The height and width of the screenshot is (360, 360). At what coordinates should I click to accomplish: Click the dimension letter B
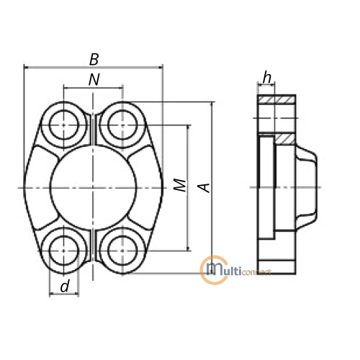tap(94, 59)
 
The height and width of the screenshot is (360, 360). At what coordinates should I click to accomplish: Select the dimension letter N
tap(94, 80)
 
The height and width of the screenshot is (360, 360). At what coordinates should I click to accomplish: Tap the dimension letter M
tap(180, 185)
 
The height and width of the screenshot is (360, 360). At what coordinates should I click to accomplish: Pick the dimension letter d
tap(65, 286)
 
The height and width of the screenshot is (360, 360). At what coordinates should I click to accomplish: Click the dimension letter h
tap(267, 77)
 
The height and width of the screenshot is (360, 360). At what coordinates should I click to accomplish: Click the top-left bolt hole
tap(63, 125)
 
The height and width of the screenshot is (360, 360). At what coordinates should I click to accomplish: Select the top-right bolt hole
tap(122, 125)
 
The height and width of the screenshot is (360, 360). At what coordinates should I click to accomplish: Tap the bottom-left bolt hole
tap(63, 251)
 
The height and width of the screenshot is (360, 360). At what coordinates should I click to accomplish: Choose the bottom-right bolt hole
tap(122, 251)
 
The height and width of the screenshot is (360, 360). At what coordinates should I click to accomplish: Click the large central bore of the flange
tap(93, 188)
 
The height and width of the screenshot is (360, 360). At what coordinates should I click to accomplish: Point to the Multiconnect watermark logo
tap(235, 271)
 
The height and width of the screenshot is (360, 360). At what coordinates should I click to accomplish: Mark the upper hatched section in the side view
tap(276, 99)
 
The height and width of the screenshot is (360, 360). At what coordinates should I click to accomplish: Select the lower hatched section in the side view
tap(285, 139)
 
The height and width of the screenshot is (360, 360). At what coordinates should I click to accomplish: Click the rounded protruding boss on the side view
tap(307, 187)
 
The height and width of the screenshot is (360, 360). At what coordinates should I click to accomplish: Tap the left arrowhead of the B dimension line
tap(27, 68)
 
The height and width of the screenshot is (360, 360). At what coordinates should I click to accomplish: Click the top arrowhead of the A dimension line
tap(212, 105)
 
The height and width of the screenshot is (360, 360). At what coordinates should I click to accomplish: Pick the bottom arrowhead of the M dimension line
tap(189, 248)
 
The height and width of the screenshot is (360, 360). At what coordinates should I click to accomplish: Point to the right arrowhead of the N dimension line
tap(120, 89)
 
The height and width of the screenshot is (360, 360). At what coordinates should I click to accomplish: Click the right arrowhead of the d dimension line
tap(76, 293)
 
